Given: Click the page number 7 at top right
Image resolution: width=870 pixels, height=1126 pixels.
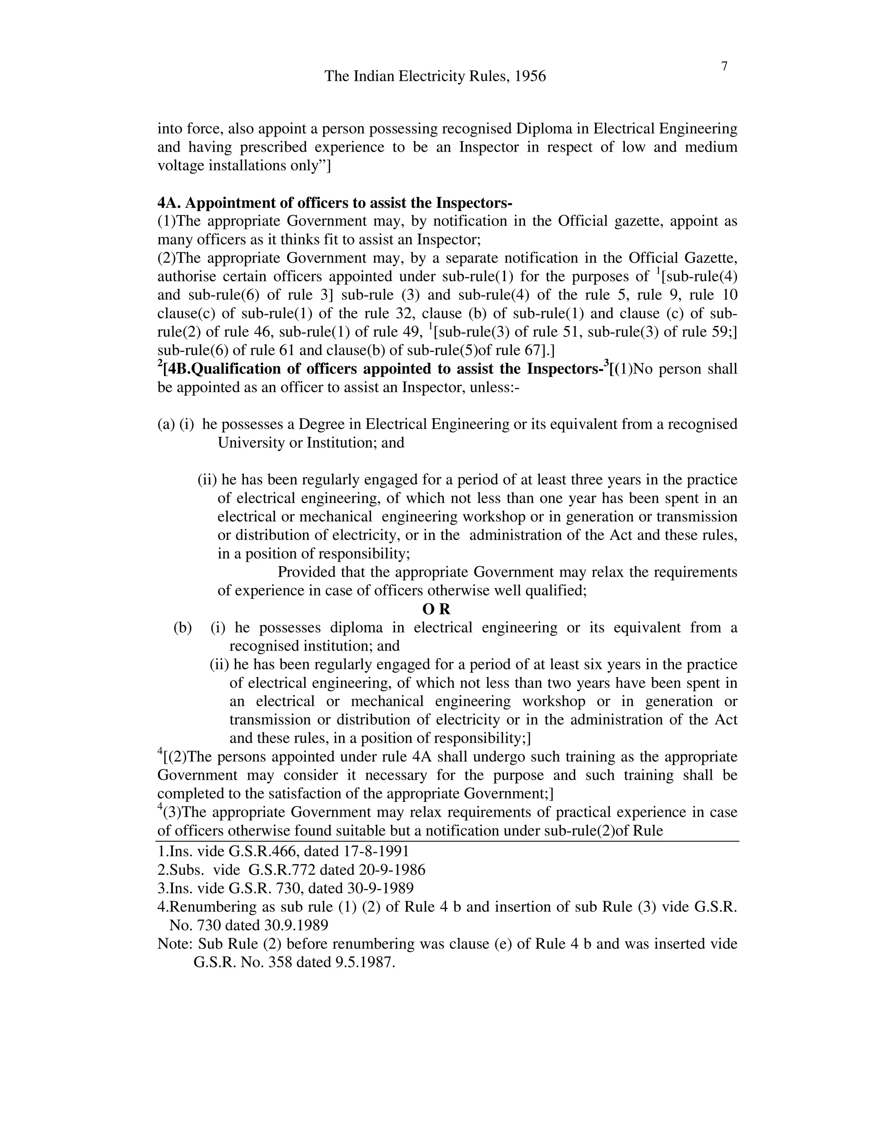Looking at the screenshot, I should pos(723,67).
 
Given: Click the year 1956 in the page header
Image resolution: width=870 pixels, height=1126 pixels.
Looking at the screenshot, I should pos(530,76).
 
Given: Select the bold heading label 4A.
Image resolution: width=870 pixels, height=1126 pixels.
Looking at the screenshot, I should pos(168,203).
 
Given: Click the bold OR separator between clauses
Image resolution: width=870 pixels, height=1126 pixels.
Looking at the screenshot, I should pos(436,609).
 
